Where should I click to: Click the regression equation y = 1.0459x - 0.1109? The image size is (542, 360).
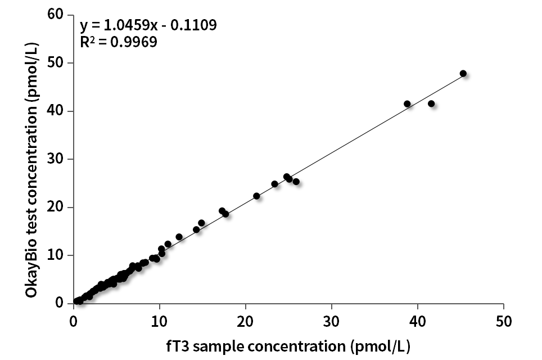(x=148, y=25)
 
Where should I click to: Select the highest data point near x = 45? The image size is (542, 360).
(x=463, y=74)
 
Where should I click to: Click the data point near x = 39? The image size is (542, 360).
(x=407, y=103)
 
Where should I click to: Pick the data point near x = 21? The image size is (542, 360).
(x=256, y=196)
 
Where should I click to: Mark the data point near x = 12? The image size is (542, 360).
(x=179, y=237)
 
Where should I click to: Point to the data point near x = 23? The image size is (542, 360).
(x=274, y=184)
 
